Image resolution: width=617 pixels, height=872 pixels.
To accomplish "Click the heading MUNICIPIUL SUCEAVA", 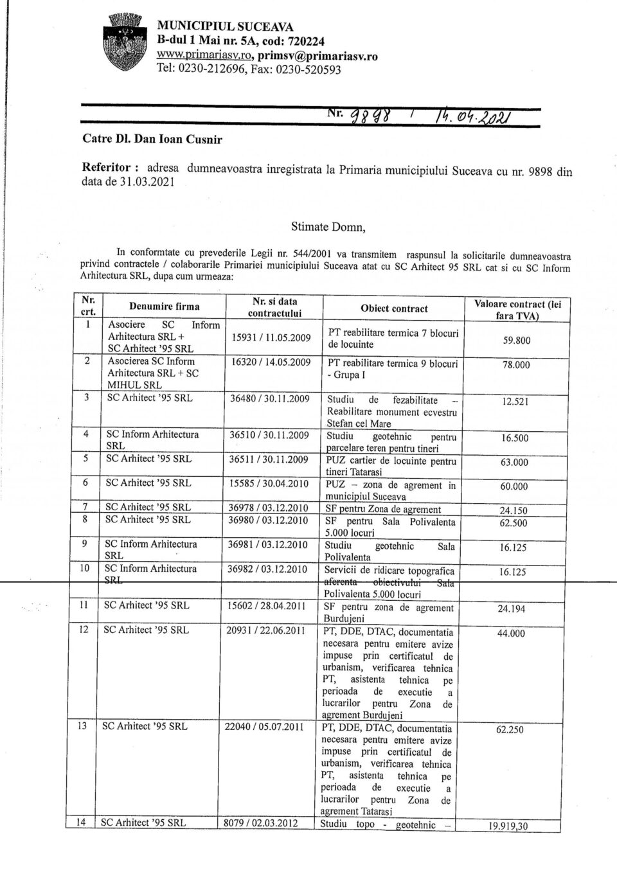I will (x=226, y=27).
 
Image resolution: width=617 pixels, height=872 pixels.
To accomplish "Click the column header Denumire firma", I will (x=164, y=307).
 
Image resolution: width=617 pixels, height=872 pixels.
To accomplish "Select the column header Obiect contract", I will (x=394, y=308).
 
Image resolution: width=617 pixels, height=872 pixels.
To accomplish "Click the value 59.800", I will (x=517, y=340).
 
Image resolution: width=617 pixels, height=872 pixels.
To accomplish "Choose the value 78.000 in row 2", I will (x=515, y=365).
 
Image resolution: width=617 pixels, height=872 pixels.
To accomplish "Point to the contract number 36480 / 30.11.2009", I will (x=270, y=398).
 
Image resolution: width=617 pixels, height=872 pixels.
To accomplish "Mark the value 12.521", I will (x=514, y=402).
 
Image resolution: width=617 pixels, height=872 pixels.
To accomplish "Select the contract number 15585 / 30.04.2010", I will (x=269, y=483).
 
